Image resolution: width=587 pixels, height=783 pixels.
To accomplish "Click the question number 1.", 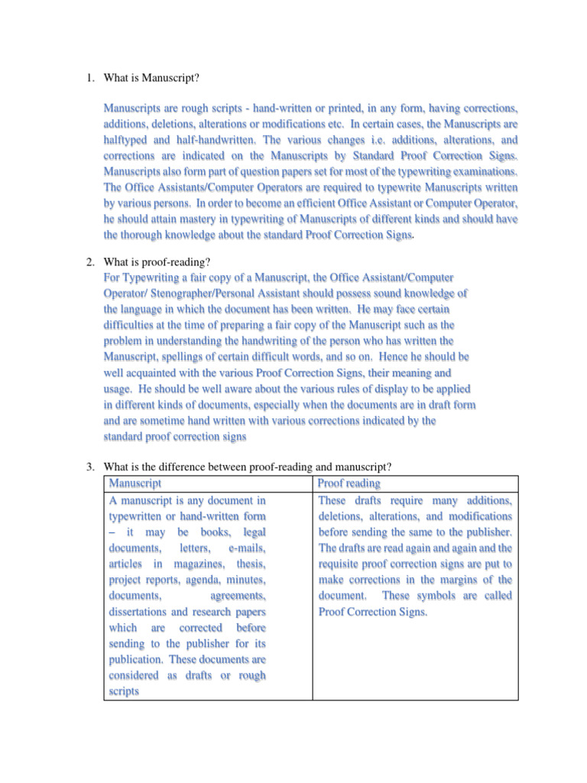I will [89, 76].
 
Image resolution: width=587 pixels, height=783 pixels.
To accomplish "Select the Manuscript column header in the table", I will [135, 484].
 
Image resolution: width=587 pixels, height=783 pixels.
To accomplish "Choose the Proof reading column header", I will [349, 484].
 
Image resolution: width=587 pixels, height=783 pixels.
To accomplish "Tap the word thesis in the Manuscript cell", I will [250, 564].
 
